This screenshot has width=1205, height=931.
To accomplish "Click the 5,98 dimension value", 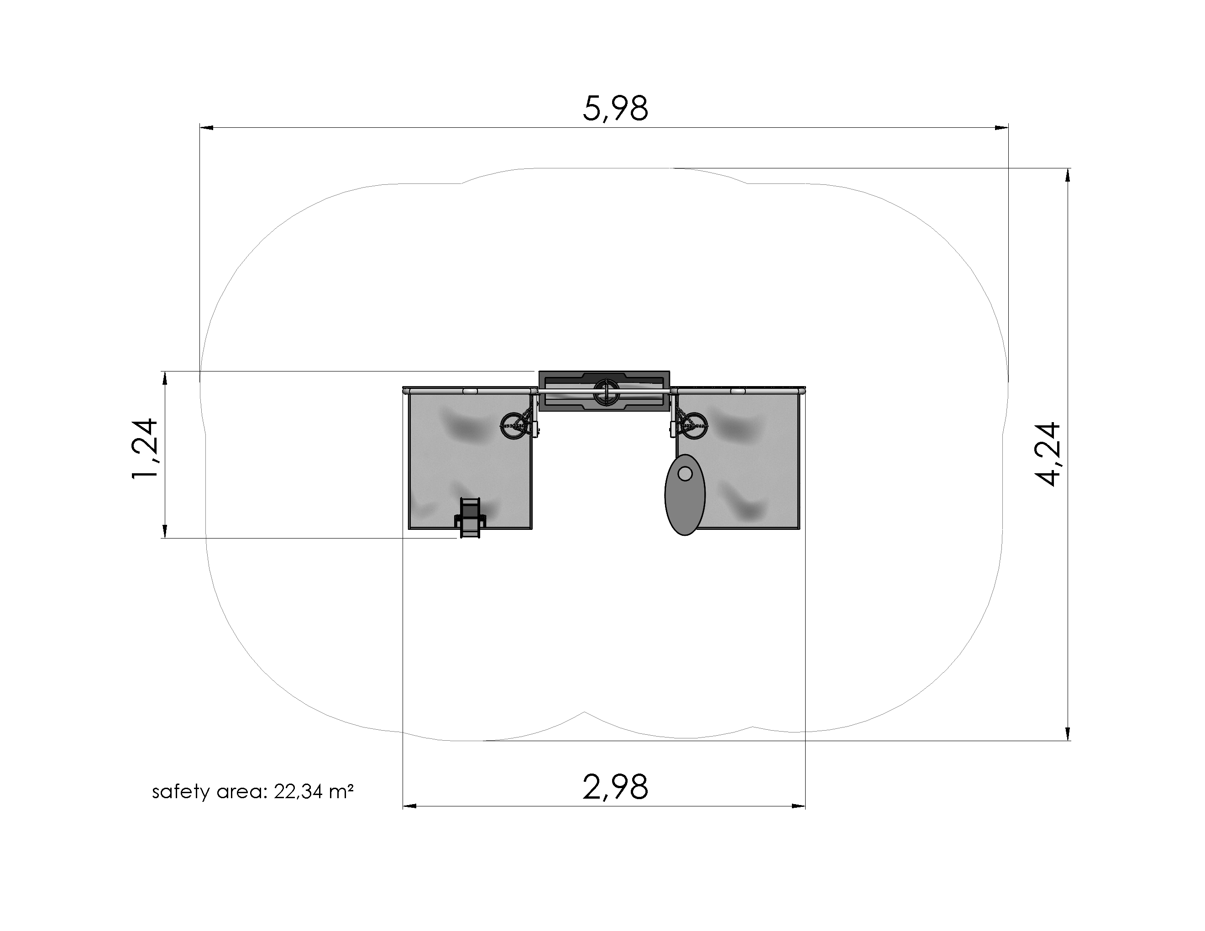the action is tap(615, 109).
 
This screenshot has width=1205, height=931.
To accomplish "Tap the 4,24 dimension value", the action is tap(1047, 454).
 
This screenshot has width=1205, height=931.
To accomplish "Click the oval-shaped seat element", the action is tap(685, 495).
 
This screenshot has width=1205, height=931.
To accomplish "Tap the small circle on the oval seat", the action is tap(685, 473).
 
